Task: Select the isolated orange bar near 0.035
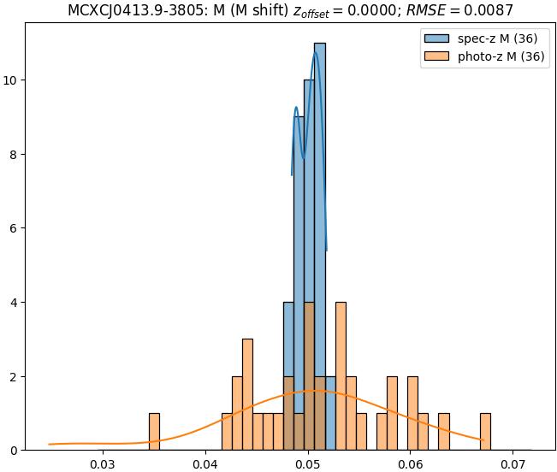tap(154, 432)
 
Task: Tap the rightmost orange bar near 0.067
tap(485, 432)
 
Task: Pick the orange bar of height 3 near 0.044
tap(247, 393)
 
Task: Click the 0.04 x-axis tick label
tap(205, 464)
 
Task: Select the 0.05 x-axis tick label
tap(308, 464)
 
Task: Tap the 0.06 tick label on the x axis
tap(411, 464)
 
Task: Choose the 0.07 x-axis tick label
tap(513, 464)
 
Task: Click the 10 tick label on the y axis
tap(12, 80)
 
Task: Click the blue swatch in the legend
tap(433, 40)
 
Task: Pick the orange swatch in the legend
tap(433, 57)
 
